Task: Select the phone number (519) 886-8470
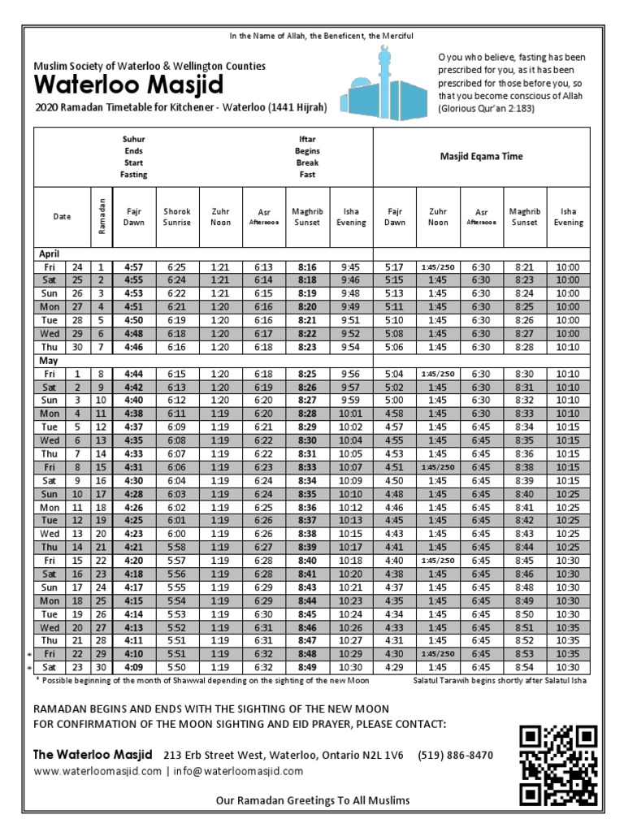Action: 456,755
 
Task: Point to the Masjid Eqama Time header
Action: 481,156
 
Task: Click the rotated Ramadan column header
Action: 101,216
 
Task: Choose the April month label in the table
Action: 50,253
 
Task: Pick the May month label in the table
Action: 48,358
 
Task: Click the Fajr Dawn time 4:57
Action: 133,266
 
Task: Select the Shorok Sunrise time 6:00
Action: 177,533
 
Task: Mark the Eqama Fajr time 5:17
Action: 394,266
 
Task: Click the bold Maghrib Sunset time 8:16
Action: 307,266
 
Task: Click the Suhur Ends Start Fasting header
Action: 134,157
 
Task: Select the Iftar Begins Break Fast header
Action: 308,157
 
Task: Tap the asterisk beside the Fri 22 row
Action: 28,652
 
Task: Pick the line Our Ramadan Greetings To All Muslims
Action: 312,801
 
